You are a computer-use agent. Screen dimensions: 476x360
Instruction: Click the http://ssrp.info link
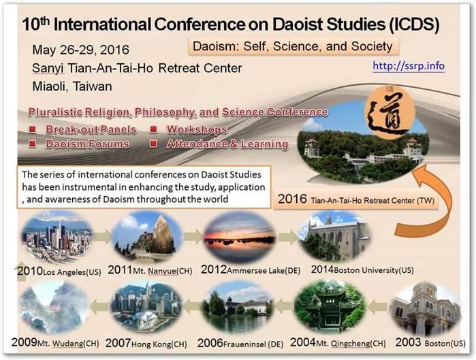(409, 66)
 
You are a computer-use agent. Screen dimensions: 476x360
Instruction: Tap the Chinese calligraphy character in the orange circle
(389, 114)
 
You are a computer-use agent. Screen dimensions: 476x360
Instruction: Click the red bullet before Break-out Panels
(33, 129)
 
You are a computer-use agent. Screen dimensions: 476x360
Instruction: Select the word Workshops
(197, 129)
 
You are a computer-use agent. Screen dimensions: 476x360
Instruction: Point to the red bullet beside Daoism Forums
(33, 144)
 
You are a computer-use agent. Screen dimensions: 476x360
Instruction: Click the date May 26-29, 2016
(81, 50)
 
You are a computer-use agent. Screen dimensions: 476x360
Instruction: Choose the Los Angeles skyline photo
(57, 238)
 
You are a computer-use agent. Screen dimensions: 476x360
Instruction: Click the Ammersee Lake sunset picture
(240, 237)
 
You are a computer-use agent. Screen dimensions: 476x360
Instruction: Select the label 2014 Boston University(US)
(362, 269)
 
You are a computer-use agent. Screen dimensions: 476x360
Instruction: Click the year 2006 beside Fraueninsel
(210, 343)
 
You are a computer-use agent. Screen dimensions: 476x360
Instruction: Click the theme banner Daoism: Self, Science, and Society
(293, 46)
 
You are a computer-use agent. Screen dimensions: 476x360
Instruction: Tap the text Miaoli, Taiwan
(72, 86)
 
